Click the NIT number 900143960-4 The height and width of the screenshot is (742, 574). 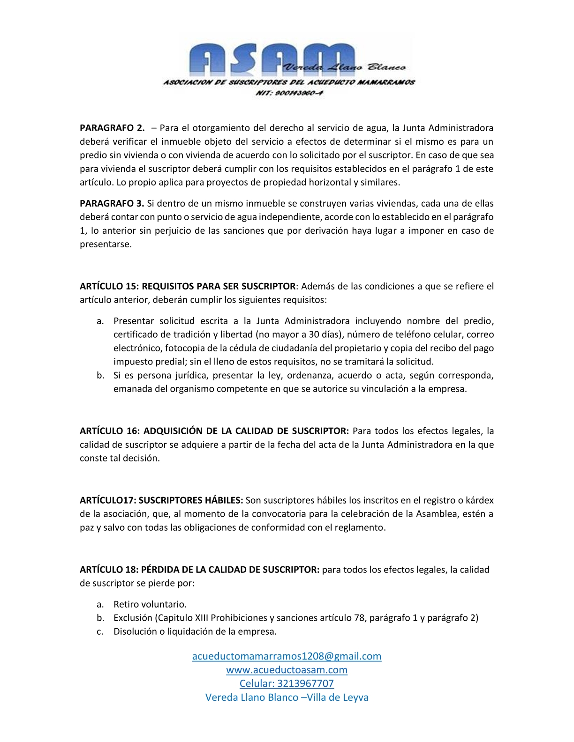pyautogui.click(x=289, y=93)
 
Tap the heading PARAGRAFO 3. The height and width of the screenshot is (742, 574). pyautogui.click(x=112, y=203)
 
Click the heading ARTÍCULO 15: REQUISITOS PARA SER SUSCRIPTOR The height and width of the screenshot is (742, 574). pyautogui.click(x=188, y=286)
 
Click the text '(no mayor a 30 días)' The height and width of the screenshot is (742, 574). pyautogui.click(x=299, y=334)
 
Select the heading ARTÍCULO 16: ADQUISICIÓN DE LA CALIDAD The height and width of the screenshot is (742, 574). pyautogui.click(x=214, y=431)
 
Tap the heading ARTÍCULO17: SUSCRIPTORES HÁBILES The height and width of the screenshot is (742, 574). pyautogui.click(x=161, y=500)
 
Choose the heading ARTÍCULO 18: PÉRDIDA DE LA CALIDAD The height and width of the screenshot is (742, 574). pyautogui.click(x=199, y=570)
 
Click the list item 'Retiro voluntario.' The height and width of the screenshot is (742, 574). pyautogui.click(x=150, y=604)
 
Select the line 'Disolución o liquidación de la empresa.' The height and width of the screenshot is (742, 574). pyautogui.click(x=195, y=631)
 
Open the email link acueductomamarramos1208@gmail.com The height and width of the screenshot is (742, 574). pyautogui.click(x=287, y=656)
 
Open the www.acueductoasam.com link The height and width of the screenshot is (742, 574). pyautogui.click(x=287, y=670)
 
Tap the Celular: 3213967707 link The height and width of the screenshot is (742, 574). pyautogui.click(x=287, y=683)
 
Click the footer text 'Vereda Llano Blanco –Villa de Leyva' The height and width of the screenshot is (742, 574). pyautogui.click(x=287, y=697)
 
